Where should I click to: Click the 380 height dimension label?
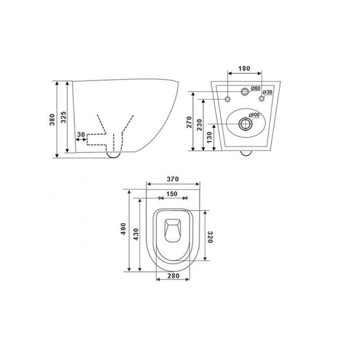pos(52,119)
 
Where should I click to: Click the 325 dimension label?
pos(63,117)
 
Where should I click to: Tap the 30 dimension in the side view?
pos(81,134)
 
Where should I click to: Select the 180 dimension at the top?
pos(244,68)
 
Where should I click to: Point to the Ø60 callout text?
pos(255,88)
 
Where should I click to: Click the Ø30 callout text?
pos(267,92)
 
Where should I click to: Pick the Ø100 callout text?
pos(254,115)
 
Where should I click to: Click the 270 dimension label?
pos(189,122)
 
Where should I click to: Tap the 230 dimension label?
pos(199,125)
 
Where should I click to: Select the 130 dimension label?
pos(209,137)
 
